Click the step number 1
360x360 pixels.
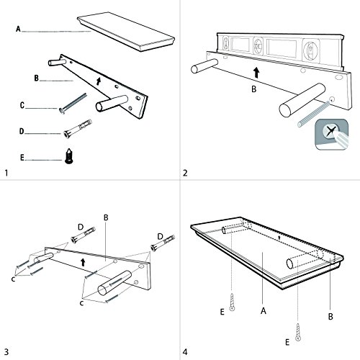click(6, 173)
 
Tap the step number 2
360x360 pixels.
click(185, 173)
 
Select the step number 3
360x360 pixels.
click(6, 352)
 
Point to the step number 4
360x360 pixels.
click(185, 352)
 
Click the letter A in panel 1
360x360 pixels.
click(18, 29)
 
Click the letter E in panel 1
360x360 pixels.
click(22, 158)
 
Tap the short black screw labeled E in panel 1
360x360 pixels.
click(69, 156)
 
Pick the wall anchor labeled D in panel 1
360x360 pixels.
click(78, 129)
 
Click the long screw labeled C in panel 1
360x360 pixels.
click(73, 104)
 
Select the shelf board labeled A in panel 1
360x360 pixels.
click(126, 32)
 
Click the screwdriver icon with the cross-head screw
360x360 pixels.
click(332, 135)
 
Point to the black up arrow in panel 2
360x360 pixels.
click(256, 73)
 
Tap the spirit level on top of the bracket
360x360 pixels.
click(280, 52)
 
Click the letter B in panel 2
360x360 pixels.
click(254, 89)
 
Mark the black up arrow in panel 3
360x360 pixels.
click(83, 262)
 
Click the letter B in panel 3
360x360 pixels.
click(106, 217)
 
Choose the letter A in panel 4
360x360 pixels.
click(264, 311)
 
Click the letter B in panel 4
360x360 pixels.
click(330, 317)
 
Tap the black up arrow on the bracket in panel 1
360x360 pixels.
click(99, 81)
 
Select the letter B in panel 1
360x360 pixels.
click(37, 78)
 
